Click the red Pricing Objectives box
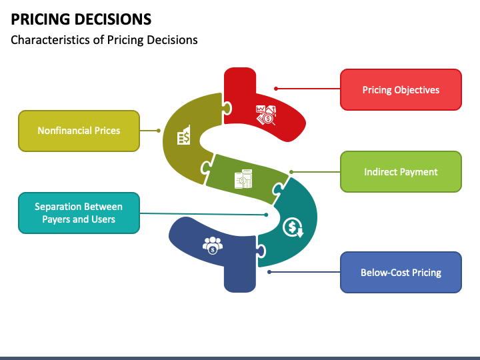[401, 89]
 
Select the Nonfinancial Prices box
[79, 131]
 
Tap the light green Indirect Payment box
[401, 172]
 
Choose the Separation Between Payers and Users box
[79, 213]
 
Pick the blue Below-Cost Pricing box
[401, 272]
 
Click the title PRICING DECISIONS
[81, 19]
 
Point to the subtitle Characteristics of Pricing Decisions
[105, 40]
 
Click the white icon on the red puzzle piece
[265, 115]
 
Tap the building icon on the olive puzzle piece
[183, 136]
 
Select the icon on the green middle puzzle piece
[243, 179]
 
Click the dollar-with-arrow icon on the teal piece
[293, 228]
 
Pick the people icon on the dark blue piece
[212, 245]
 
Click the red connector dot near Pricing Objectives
[276, 88]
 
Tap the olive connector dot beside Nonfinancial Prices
[158, 131]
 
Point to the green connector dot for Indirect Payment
[291, 172]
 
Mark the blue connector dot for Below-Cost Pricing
[269, 271]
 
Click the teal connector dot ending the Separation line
[266, 215]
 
